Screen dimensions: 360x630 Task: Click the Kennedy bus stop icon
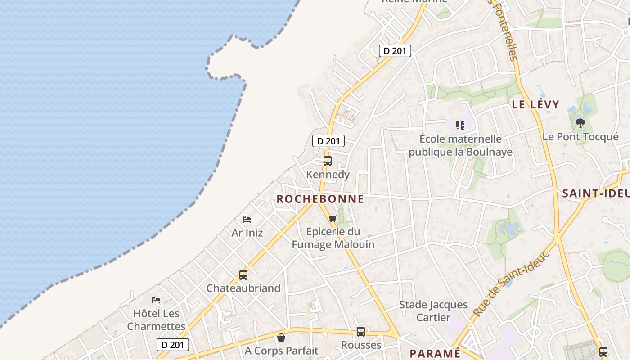(328, 161)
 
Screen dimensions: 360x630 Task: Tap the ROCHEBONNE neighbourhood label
(320, 199)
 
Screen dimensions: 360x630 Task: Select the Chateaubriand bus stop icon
(243, 274)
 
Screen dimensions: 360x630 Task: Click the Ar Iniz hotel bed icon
(247, 220)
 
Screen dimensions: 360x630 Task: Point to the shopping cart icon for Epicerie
(333, 218)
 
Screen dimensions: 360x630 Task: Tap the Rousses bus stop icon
(361, 332)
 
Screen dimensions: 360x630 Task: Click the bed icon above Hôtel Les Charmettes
(156, 300)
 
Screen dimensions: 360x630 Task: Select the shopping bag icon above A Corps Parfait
(281, 337)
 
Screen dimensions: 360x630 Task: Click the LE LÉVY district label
(535, 104)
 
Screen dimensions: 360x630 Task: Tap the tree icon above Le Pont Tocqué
(580, 123)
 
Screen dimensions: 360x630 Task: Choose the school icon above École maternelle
(460, 125)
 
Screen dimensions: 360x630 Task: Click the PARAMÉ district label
(435, 353)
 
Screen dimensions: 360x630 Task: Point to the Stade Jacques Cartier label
(433, 311)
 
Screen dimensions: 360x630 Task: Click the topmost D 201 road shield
(395, 51)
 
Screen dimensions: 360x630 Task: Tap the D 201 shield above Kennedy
(328, 141)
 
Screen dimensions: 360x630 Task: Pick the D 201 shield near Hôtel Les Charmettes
(173, 345)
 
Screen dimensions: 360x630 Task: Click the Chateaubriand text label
(243, 288)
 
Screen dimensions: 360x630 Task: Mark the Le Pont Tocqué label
(580, 137)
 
